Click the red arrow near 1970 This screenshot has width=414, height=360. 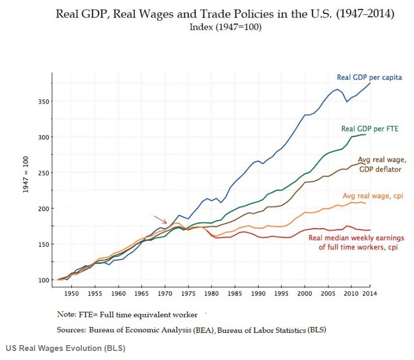160,220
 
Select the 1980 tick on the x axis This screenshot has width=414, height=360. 212,292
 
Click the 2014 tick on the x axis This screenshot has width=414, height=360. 370,292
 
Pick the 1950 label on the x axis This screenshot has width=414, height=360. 72,292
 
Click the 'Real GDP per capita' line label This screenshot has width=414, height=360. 369,78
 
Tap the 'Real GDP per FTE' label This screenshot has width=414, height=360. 369,129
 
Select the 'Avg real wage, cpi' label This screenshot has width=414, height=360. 373,196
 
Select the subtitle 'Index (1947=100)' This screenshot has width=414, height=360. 225,27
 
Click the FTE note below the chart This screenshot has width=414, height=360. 128,314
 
